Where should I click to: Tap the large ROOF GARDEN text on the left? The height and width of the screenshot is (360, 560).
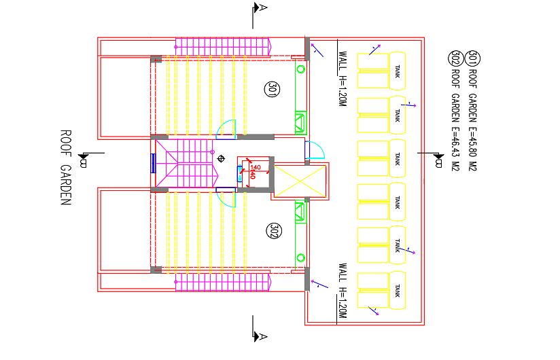pyautogui.click(x=66, y=166)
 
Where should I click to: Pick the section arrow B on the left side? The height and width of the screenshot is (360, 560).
pyautogui.click(x=82, y=161)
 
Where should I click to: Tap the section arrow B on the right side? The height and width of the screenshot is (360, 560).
pyautogui.click(x=438, y=161)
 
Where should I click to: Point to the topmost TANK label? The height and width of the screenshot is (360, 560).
pyautogui.click(x=398, y=71)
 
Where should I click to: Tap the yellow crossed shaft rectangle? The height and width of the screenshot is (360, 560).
pyautogui.click(x=300, y=181)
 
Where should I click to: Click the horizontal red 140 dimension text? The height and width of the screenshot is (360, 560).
pyautogui.click(x=256, y=167)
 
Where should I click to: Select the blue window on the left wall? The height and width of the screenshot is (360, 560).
pyautogui.click(x=154, y=164)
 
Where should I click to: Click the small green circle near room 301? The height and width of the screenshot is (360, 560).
pyautogui.click(x=300, y=69)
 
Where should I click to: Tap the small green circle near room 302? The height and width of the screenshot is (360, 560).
pyautogui.click(x=300, y=257)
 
